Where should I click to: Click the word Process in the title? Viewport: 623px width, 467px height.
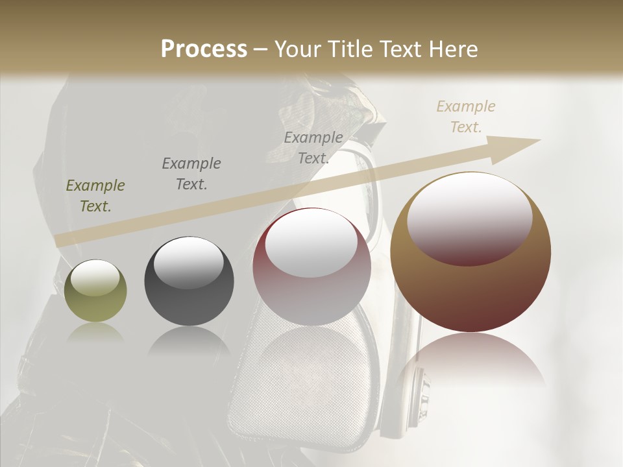(x=204, y=49)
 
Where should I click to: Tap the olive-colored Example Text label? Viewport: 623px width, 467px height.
(x=95, y=196)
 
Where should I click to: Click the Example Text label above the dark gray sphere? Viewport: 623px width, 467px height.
(x=191, y=173)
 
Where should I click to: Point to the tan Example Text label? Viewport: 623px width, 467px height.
(x=466, y=116)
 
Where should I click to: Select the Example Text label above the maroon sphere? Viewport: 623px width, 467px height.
(x=313, y=147)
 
